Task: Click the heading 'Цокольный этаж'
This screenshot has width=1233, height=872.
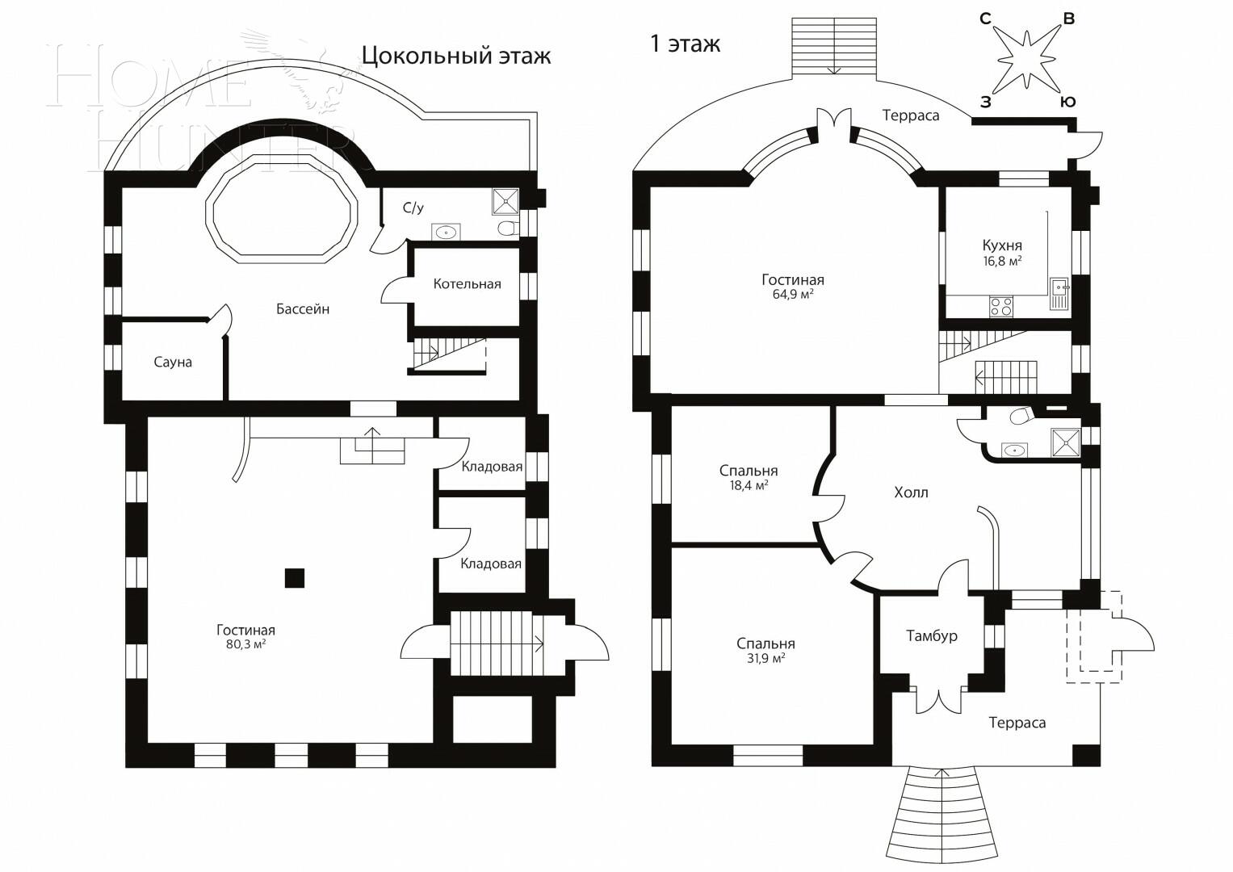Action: [455, 56]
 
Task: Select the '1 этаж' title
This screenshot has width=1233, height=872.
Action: [685, 44]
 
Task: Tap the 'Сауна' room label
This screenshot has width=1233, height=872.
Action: [173, 363]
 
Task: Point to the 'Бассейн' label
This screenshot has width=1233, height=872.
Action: [303, 309]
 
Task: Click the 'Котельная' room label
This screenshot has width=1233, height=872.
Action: [467, 284]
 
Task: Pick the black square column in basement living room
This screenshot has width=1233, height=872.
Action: [295, 578]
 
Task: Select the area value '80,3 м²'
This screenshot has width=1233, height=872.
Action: [245, 645]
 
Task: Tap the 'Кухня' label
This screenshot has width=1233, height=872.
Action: [1002, 245]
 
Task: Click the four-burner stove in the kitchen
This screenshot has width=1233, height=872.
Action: [1001, 307]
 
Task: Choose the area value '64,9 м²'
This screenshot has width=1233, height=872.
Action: [792, 295]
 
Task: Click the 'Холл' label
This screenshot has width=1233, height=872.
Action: [911, 493]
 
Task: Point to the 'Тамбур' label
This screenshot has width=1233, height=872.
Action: [931, 636]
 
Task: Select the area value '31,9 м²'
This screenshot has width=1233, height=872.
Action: [765, 658]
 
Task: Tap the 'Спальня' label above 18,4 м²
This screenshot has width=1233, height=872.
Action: [749, 471]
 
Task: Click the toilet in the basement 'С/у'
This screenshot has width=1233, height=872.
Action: [507, 228]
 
